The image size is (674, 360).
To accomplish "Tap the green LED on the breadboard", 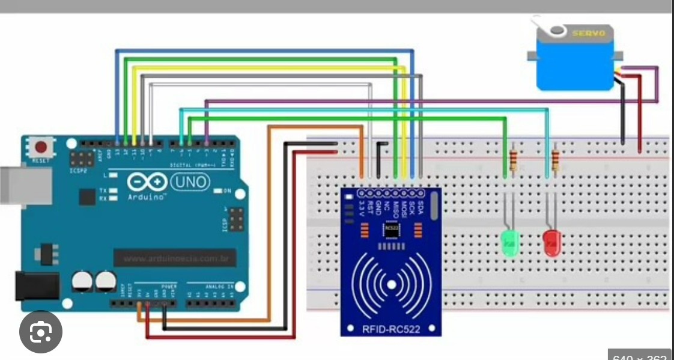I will pyautogui.click(x=509, y=243).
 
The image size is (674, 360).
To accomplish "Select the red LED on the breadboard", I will pyautogui.click(x=552, y=243).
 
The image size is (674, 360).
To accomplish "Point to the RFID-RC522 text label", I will pyautogui.click(x=390, y=328).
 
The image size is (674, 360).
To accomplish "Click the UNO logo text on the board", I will pyautogui.click(x=190, y=181).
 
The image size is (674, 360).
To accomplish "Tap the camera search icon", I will pyautogui.click(x=41, y=331).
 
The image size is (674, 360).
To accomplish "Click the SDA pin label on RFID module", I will pyautogui.click(x=420, y=209).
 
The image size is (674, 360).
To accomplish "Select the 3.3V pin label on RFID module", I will pyautogui.click(x=361, y=209).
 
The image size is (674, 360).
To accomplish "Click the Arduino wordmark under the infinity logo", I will pyautogui.click(x=147, y=197).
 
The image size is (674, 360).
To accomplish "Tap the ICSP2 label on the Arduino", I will pyautogui.click(x=78, y=171).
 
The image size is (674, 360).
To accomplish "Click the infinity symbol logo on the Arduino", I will pyautogui.click(x=147, y=182).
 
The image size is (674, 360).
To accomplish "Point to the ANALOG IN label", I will pyautogui.click(x=217, y=286).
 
